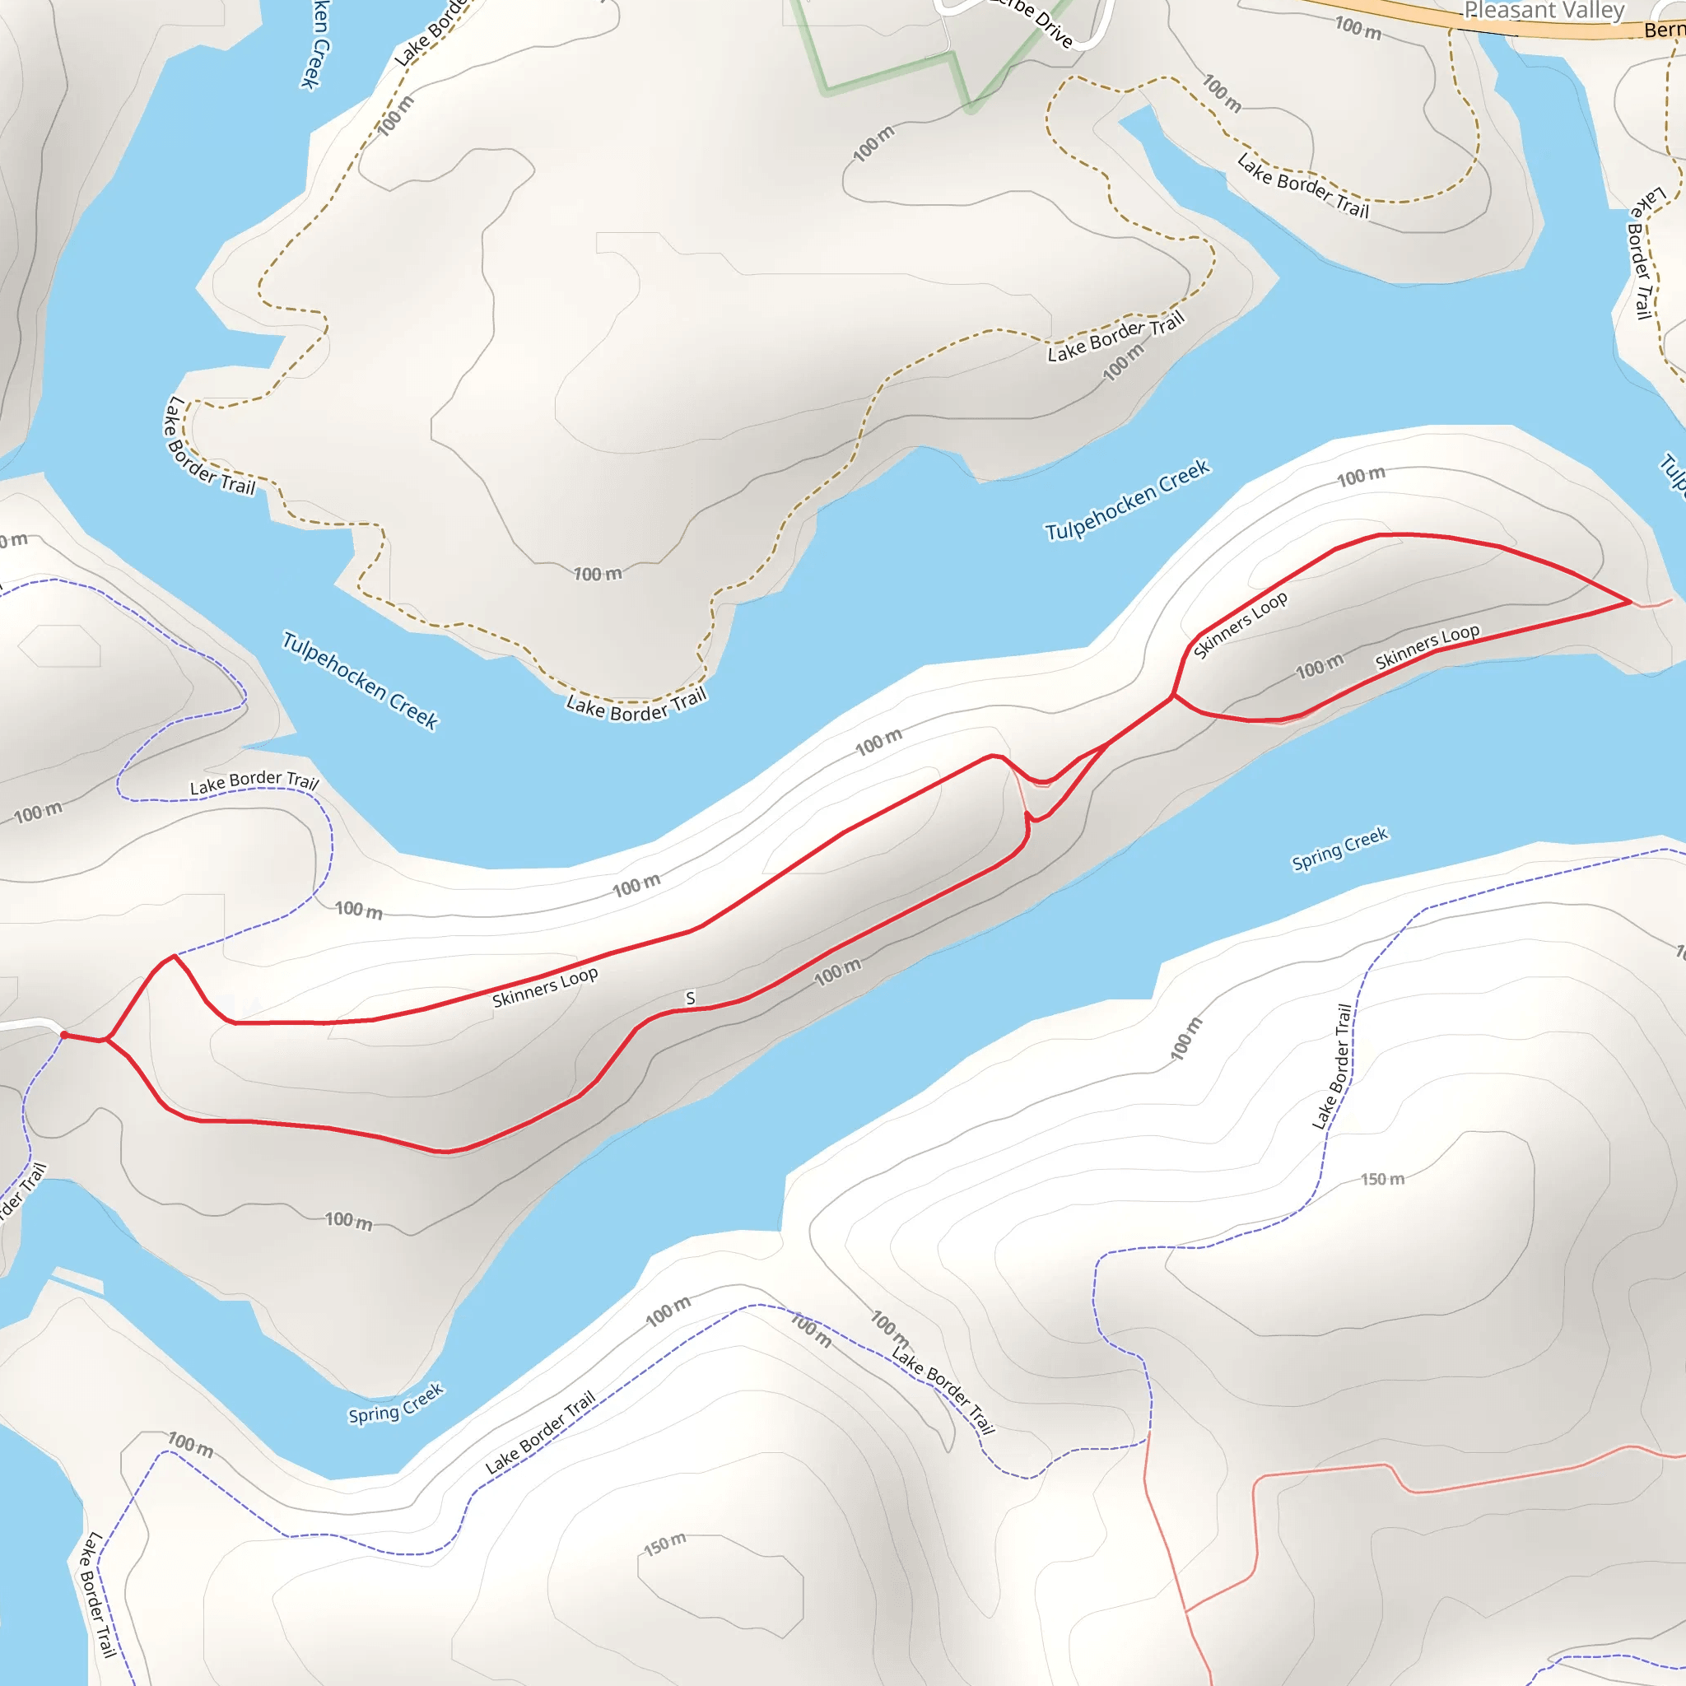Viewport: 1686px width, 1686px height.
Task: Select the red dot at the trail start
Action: tap(63, 1035)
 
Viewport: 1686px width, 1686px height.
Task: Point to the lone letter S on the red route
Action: tap(690, 999)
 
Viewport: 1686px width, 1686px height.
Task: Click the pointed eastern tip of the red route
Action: tap(1629, 602)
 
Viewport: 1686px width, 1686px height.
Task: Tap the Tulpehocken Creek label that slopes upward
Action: tap(1127, 500)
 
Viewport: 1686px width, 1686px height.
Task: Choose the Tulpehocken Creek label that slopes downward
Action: tap(360, 681)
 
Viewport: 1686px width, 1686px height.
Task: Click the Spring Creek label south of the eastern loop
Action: tap(1339, 848)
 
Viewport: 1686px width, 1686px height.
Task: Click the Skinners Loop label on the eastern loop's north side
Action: tap(1240, 625)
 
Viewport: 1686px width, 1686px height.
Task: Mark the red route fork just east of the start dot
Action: tap(106, 1040)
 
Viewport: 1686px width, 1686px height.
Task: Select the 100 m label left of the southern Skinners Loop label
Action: tap(1319, 667)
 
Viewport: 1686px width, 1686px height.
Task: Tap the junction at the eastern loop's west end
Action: tap(1172, 696)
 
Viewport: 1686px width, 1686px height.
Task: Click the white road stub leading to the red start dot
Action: tap(26, 1023)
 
